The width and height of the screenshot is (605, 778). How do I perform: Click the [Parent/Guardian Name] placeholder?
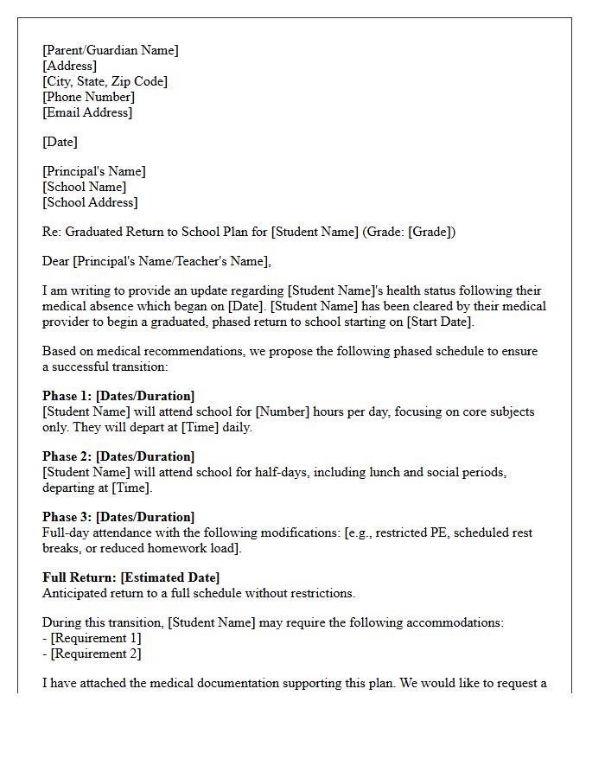tap(111, 50)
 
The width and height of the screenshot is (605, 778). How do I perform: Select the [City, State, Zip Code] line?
tap(105, 81)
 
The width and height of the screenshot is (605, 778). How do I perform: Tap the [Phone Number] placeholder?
tap(88, 97)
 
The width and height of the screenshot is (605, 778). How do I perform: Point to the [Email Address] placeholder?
tap(87, 112)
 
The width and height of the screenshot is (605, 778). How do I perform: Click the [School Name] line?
tap(84, 187)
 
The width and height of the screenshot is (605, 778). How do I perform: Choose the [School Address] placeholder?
tap(90, 202)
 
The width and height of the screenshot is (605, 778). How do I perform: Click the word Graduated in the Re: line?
tap(94, 232)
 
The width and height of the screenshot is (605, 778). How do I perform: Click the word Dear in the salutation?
tap(56, 261)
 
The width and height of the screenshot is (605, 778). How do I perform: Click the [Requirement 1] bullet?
tap(95, 638)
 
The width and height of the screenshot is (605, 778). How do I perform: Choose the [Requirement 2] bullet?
tap(95, 654)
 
